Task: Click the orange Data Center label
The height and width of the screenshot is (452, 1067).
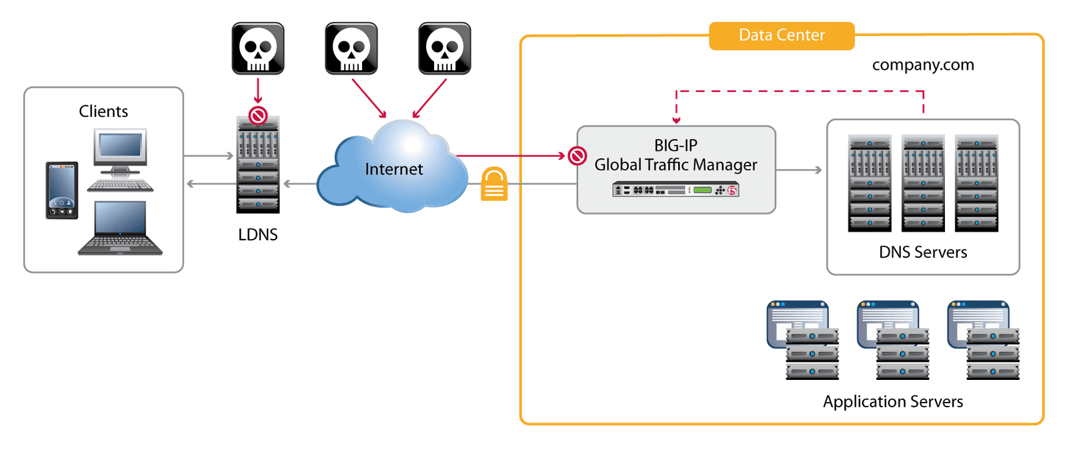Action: click(x=782, y=35)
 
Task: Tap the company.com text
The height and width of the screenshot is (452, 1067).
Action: click(x=923, y=65)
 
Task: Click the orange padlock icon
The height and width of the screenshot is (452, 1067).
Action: click(x=494, y=184)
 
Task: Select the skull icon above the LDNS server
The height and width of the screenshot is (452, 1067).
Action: click(x=258, y=48)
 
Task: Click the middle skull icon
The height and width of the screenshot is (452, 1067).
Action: click(x=351, y=48)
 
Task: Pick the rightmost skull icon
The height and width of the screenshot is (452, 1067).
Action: click(x=445, y=48)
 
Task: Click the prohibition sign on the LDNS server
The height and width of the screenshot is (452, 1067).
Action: click(x=258, y=116)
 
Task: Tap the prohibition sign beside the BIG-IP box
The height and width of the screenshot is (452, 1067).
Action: click(x=578, y=156)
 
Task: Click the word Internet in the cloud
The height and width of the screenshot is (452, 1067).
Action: click(x=393, y=170)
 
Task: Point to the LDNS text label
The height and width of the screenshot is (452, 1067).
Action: click(x=258, y=235)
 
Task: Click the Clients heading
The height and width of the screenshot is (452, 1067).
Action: click(x=103, y=111)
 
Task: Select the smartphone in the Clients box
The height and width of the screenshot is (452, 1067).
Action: click(x=62, y=190)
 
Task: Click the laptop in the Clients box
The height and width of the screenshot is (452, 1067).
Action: click(x=121, y=228)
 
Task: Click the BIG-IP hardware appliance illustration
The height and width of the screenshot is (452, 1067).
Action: click(x=676, y=190)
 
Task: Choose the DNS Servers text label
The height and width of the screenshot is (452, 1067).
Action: click(x=923, y=252)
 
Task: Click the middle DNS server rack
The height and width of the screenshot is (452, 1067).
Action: click(x=923, y=183)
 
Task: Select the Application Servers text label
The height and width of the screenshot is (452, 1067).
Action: click(x=893, y=402)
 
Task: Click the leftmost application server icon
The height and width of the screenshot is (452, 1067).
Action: click(x=802, y=340)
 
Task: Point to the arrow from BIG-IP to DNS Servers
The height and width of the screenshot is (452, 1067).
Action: click(x=800, y=170)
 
